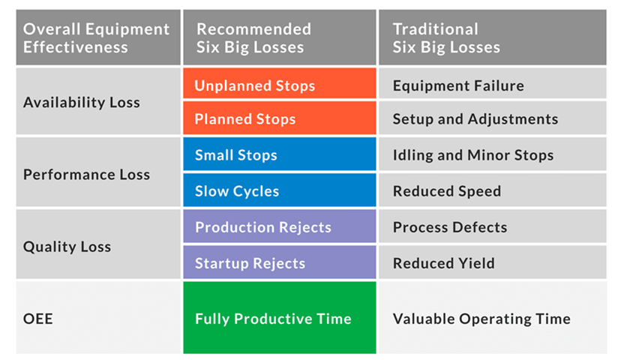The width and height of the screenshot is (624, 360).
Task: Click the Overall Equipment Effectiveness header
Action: (x=98, y=37)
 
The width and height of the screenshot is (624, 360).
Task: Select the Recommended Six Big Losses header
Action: (x=279, y=37)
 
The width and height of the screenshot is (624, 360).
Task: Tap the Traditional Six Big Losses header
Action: (x=493, y=37)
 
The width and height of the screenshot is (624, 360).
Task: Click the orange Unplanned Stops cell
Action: (x=279, y=83)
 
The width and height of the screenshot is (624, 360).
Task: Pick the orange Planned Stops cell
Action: (x=279, y=118)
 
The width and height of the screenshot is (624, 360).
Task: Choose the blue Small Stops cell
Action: (x=279, y=154)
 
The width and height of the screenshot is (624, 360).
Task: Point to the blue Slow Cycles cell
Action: (x=279, y=190)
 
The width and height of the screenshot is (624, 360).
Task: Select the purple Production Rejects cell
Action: (x=279, y=226)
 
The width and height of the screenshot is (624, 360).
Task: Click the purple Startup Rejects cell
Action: (x=279, y=262)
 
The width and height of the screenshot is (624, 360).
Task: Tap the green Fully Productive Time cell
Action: (x=279, y=317)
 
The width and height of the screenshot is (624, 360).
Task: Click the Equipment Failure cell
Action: (x=493, y=83)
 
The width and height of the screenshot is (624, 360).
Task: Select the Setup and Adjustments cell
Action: (x=493, y=118)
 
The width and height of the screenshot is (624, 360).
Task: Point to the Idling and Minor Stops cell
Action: (x=493, y=154)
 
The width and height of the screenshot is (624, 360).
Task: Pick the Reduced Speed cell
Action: (x=493, y=190)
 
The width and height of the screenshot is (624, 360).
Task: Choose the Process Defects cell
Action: (x=493, y=226)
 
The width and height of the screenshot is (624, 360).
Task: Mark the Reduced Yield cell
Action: (x=493, y=262)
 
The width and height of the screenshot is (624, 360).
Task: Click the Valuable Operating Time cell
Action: (x=493, y=317)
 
